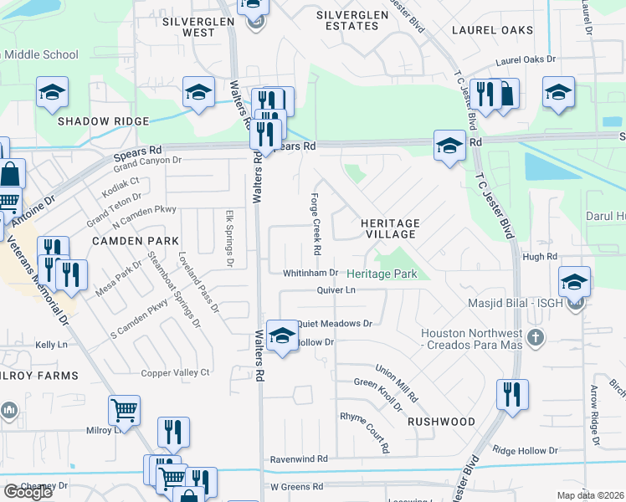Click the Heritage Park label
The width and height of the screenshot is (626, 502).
pyautogui.click(x=382, y=274)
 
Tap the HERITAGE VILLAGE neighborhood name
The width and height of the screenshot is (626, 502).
pyautogui.click(x=390, y=229)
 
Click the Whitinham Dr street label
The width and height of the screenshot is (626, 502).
pyautogui.click(x=310, y=273)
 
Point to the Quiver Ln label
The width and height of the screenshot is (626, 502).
pyautogui.click(x=336, y=290)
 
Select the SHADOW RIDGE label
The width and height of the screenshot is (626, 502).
pyautogui.click(x=96, y=121)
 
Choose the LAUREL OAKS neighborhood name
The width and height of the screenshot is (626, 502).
pyautogui.click(x=492, y=30)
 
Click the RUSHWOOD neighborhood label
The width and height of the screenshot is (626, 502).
pyautogui.click(x=441, y=422)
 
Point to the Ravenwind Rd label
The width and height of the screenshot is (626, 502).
pyautogui.click(x=299, y=459)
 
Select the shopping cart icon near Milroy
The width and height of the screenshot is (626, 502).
pyautogui.click(x=124, y=411)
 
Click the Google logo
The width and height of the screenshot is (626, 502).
pyautogui.click(x=28, y=492)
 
